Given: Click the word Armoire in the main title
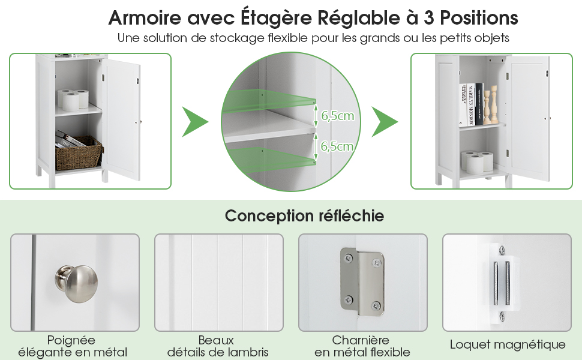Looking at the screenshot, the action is pos(145,17).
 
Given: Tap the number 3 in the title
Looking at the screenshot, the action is pos(429,17).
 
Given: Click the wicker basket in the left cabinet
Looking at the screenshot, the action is pos(79,153).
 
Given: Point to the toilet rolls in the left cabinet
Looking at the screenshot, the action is pos(73,100).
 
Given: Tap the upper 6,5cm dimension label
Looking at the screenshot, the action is pos(337,116).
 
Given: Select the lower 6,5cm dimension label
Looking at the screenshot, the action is pos(337,146).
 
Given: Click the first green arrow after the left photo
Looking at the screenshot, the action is pos(195,122).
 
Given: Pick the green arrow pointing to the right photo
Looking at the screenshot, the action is pos(385,122).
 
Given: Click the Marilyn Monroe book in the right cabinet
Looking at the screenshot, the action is pos(470,104).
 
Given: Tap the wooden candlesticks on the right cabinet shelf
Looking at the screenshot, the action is pos(490,104).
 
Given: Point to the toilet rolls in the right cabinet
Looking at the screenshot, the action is pos(477,162).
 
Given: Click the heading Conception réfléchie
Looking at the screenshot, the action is pos(304,216).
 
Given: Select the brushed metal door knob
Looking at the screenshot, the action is pos(76,284).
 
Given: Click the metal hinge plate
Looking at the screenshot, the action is pos(362,282).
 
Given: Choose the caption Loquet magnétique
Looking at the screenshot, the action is pos(508,345).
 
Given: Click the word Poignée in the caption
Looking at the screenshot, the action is pos(71,340).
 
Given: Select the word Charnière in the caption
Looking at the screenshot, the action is pos(361,340).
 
